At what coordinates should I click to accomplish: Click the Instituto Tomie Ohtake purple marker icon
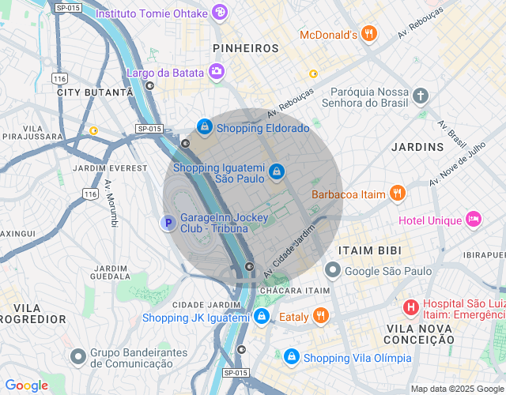218,13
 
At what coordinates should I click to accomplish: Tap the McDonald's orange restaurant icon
368,33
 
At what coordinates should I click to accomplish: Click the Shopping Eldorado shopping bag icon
205,126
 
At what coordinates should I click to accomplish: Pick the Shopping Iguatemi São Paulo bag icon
276,171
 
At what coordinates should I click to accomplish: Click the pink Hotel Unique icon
474,219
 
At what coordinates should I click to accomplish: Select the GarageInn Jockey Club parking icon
168,223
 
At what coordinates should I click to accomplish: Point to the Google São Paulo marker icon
333,270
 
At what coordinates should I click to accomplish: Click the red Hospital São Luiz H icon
411,307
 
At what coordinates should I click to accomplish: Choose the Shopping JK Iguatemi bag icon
262,316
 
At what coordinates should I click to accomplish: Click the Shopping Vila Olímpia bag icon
292,357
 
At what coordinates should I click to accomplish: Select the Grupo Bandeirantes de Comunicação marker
77,356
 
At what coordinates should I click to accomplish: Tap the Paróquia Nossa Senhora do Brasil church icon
421,96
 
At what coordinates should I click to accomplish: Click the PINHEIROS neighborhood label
246,48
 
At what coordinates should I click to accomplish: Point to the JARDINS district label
417,147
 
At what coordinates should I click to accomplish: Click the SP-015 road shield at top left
68,7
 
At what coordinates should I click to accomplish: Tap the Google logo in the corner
26,386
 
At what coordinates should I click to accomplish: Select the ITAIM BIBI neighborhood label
369,250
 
